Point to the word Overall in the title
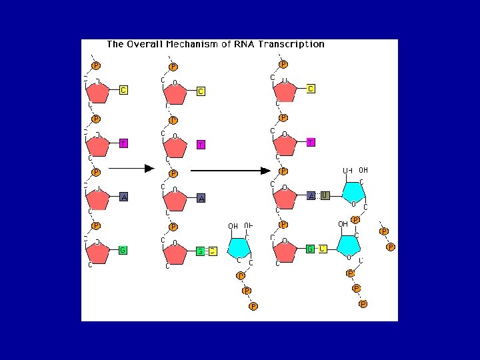[x=143, y=45]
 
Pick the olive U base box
[x=325, y=195]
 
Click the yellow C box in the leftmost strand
[x=123, y=90]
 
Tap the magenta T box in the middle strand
[x=201, y=145]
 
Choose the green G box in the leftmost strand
[x=123, y=250]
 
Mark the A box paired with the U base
[x=311, y=195]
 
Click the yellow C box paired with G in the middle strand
[x=213, y=251]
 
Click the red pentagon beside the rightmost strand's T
[x=285, y=145]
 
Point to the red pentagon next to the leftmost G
[x=98, y=253]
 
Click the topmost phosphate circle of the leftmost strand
[x=96, y=65]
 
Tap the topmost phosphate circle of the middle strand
[x=173, y=67]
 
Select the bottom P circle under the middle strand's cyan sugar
[x=253, y=306]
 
